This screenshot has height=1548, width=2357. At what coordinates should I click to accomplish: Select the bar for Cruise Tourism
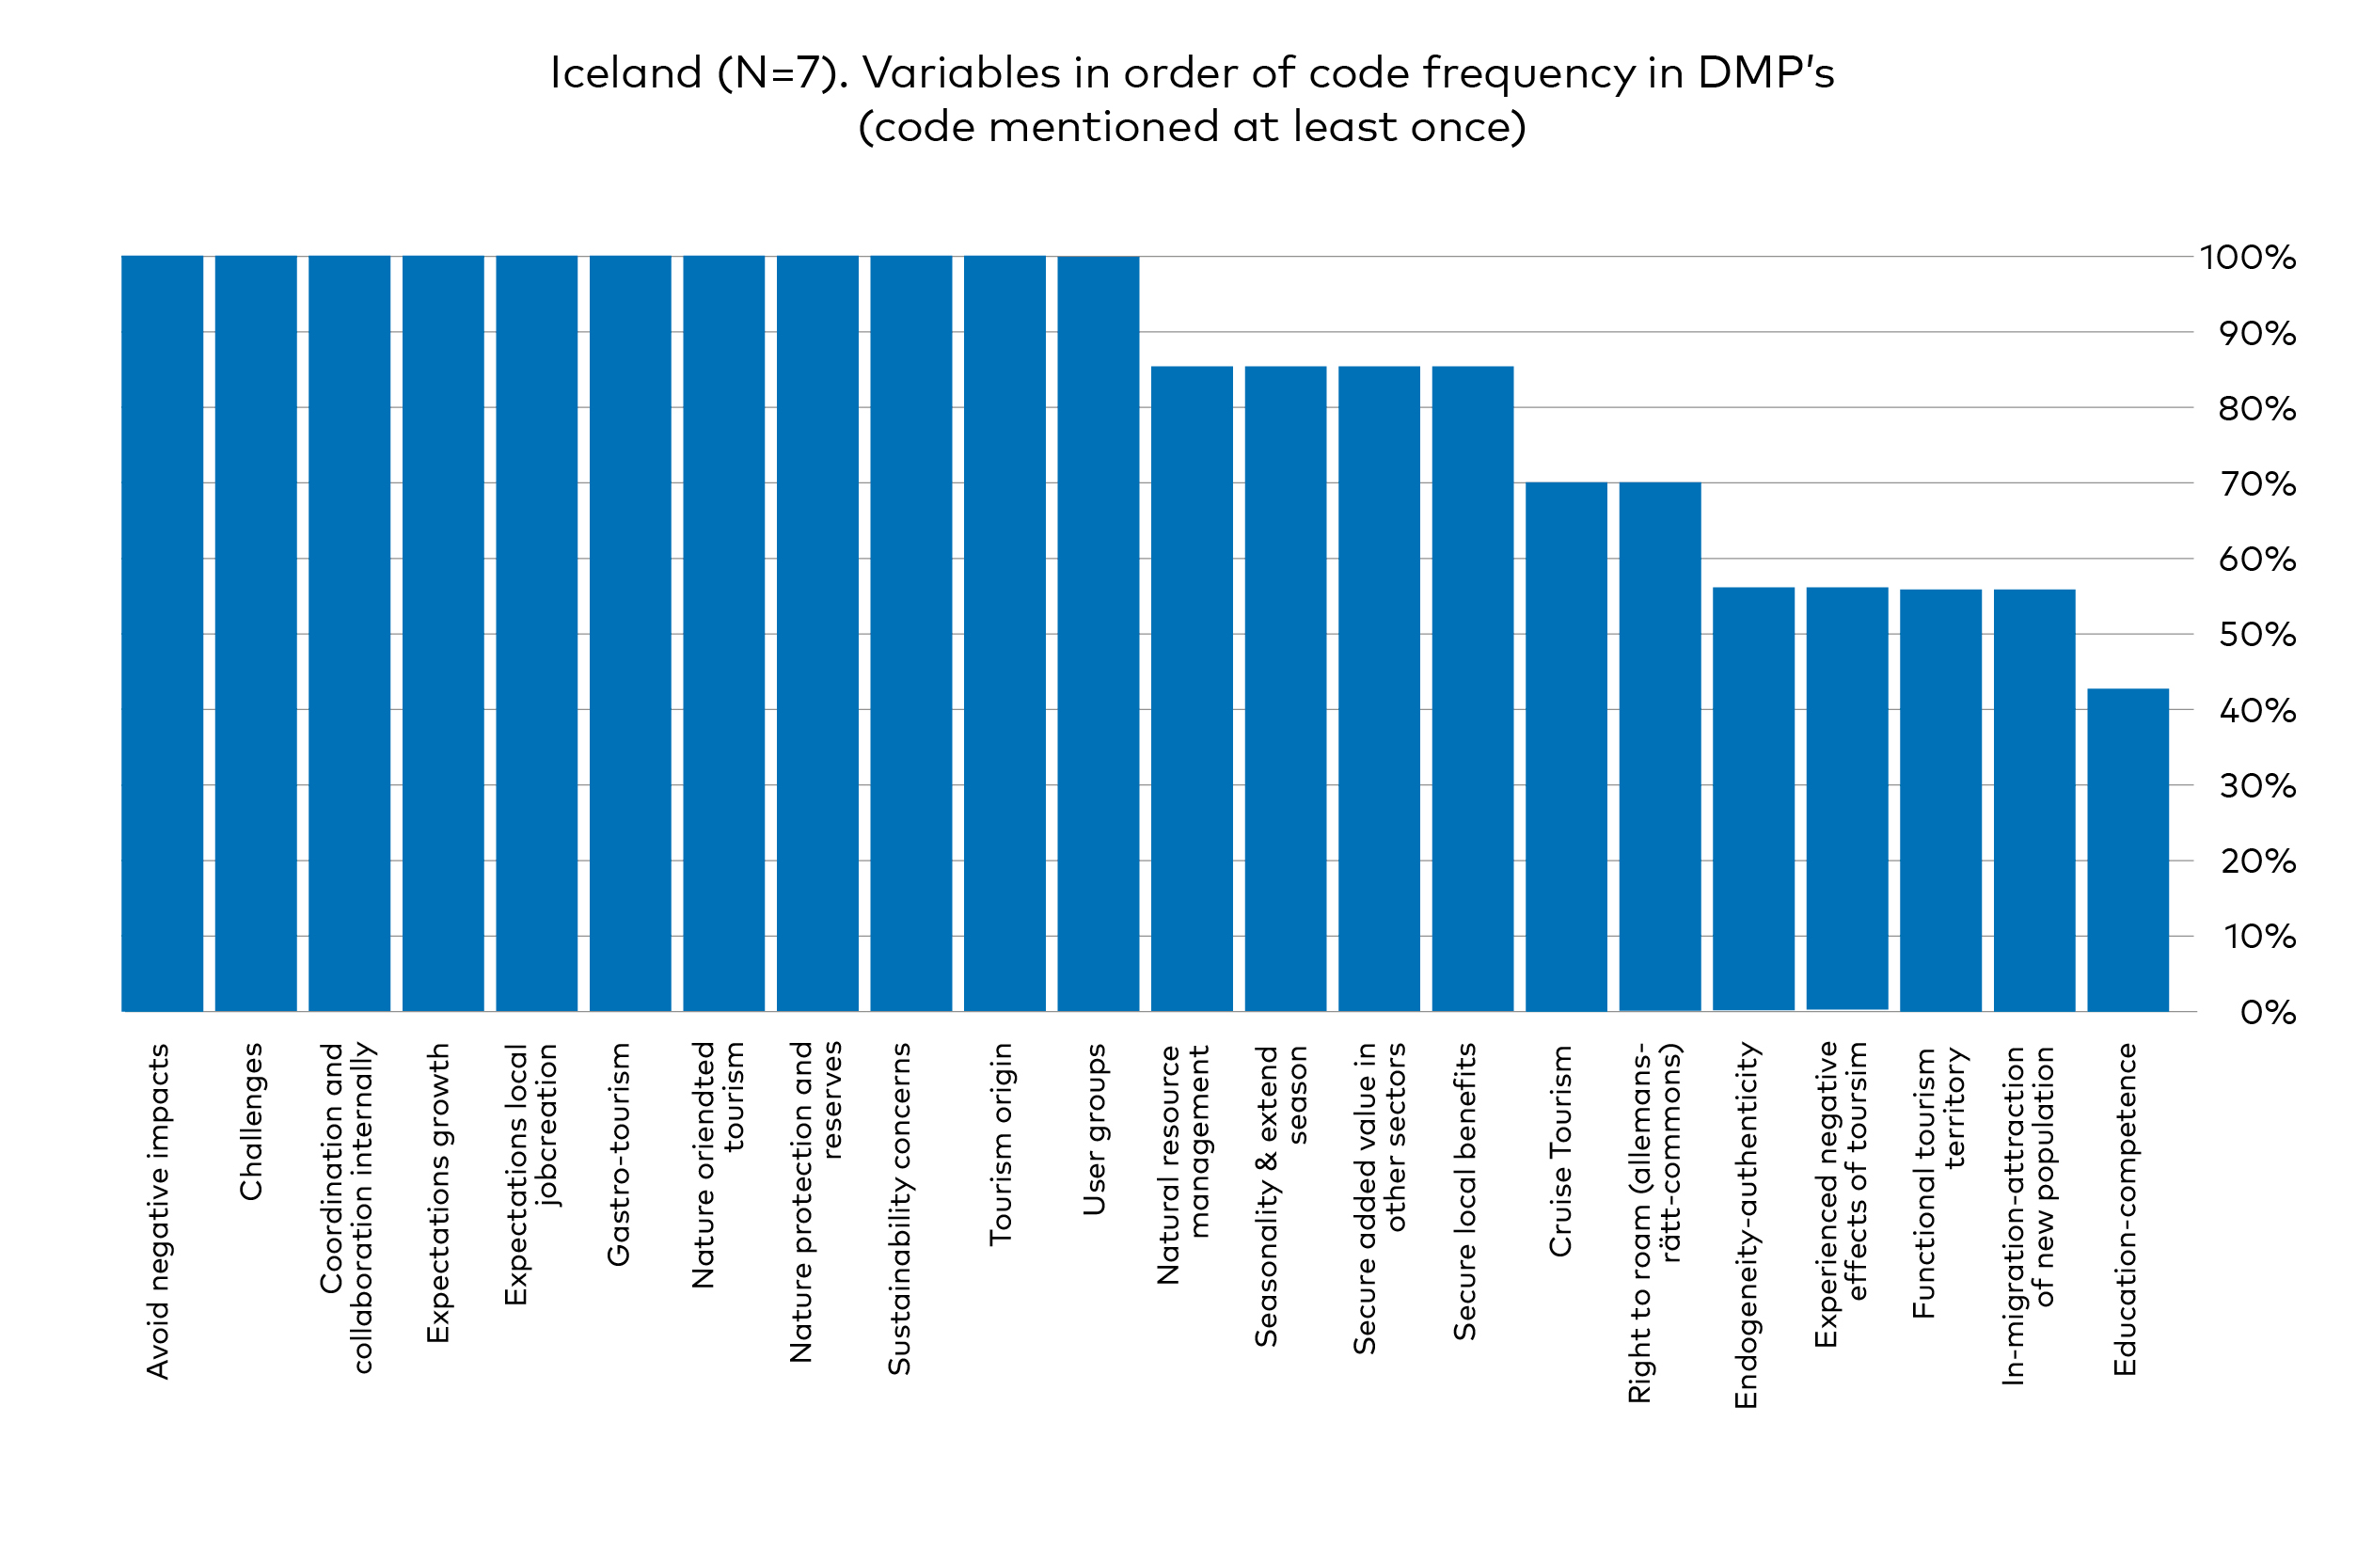click(1566, 747)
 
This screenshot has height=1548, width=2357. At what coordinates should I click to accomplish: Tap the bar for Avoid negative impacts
click(163, 634)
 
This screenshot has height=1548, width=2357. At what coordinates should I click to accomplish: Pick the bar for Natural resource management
click(1192, 689)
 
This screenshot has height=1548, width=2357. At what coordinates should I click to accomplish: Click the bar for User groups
click(1098, 634)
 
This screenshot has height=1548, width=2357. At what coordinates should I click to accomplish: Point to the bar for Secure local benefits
click(1472, 689)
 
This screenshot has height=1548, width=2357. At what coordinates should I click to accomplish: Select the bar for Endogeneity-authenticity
click(1753, 799)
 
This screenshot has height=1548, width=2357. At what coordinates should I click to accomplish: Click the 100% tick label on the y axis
click(2246, 259)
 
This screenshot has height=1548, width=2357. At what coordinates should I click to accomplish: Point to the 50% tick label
click(2256, 635)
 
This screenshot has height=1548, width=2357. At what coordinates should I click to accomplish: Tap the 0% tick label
click(2267, 1012)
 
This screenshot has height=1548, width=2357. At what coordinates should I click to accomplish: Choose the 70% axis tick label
click(2256, 484)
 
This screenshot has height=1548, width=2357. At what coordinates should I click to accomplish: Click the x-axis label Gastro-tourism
click(619, 1154)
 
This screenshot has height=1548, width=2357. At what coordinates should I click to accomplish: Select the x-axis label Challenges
click(251, 1121)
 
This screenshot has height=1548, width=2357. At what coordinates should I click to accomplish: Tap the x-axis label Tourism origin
click(1002, 1144)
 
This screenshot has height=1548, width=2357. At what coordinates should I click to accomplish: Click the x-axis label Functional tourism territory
click(1938, 1183)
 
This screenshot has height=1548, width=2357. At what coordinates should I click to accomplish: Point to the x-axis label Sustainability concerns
click(899, 1208)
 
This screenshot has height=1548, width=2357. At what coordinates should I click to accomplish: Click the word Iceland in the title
click(625, 73)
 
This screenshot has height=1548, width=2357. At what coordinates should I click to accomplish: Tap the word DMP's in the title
click(1765, 73)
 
